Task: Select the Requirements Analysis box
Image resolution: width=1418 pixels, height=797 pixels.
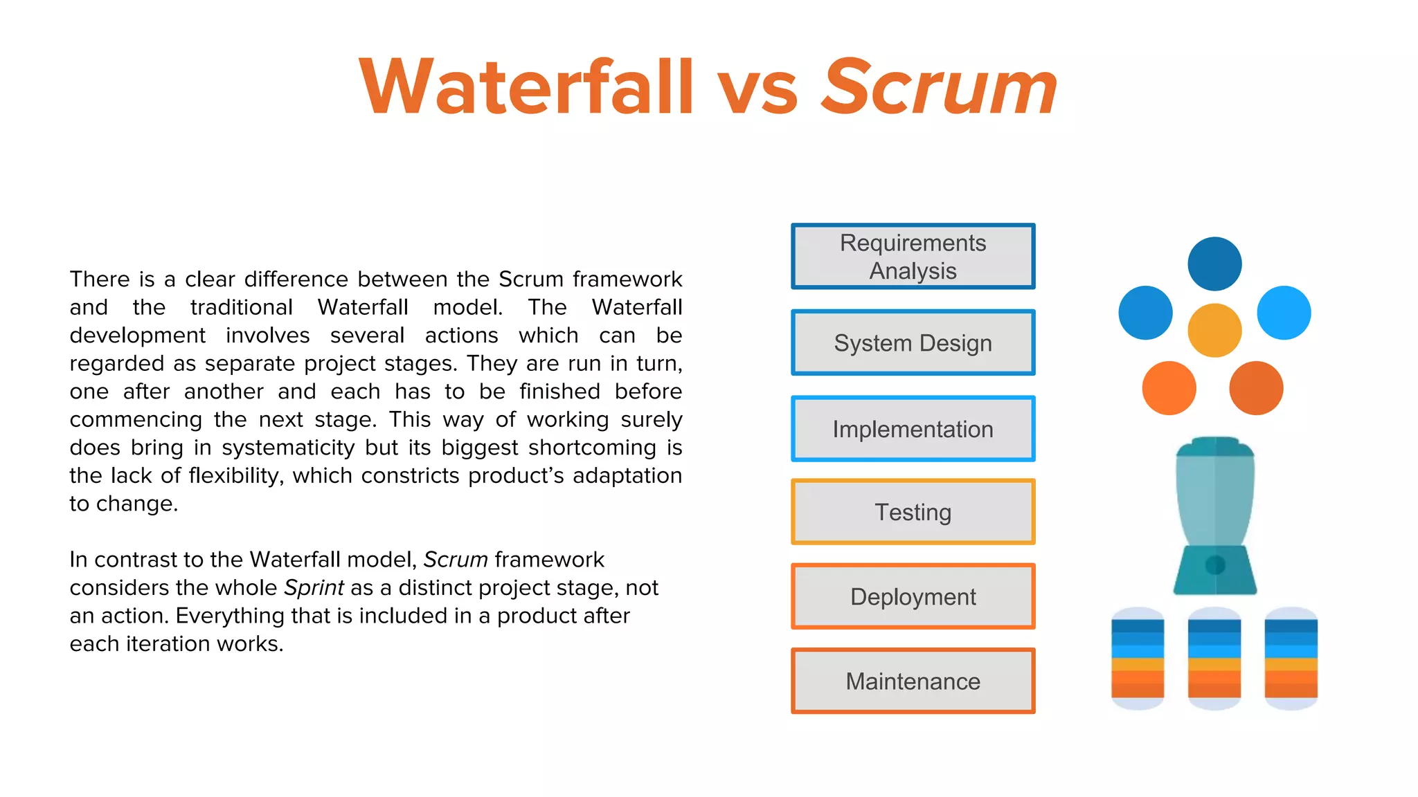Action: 913,257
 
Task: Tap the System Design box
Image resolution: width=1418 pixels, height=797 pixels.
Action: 913,343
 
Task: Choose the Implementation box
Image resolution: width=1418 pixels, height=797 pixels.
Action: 913,429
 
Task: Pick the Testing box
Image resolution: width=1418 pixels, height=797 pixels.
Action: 913,512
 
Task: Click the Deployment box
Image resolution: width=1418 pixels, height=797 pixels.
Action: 913,596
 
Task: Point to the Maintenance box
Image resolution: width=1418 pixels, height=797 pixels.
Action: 913,681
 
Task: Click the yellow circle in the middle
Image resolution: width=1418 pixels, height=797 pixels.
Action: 1214,331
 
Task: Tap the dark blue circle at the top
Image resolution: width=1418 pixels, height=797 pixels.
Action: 1214,264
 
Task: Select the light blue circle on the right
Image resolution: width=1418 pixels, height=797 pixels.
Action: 1284,313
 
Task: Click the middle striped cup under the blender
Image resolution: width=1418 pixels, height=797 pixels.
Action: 1214,659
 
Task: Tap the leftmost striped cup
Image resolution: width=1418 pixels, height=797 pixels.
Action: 1138,659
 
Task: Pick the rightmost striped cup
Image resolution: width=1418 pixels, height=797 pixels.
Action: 1291,659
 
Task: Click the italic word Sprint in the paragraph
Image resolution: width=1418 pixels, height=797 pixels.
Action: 314,588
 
